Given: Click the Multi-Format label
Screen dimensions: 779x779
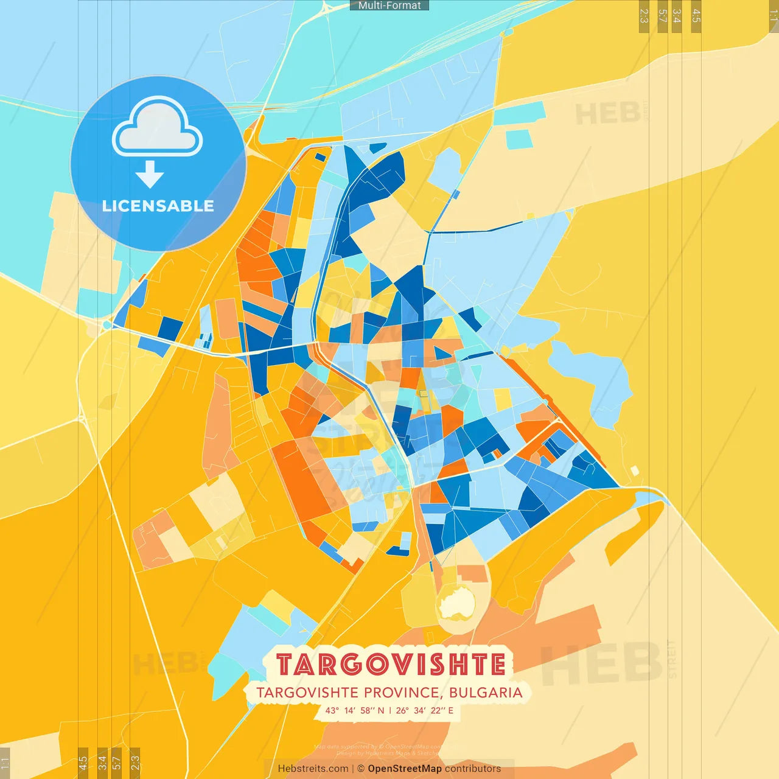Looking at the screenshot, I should pyautogui.click(x=389, y=5).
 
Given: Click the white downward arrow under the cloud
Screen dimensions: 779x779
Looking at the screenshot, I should pyautogui.click(x=150, y=175).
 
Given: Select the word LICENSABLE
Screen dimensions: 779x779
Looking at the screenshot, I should pyautogui.click(x=158, y=206).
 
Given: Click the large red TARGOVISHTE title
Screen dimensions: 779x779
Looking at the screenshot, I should pyautogui.click(x=391, y=665).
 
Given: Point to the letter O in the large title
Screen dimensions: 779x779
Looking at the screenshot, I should pyautogui.click(x=368, y=665).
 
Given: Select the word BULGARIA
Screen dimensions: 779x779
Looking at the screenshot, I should pyautogui.click(x=486, y=693).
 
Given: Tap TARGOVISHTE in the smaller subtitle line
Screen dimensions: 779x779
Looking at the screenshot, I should pyautogui.click(x=307, y=693).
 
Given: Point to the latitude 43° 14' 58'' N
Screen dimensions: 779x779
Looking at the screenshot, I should pyautogui.click(x=355, y=710).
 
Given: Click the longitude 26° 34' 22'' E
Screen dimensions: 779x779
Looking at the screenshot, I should pyautogui.click(x=425, y=710).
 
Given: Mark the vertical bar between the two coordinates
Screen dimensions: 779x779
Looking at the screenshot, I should pyautogui.click(x=390, y=710).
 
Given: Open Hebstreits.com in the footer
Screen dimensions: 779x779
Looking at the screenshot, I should pyautogui.click(x=313, y=769).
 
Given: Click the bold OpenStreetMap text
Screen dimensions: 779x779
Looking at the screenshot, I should pyautogui.click(x=405, y=769).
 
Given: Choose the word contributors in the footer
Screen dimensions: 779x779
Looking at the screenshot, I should pyautogui.click(x=473, y=769).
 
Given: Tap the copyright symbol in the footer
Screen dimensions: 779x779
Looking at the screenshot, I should pyautogui.click(x=361, y=769).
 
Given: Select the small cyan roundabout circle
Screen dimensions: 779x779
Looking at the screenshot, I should pyautogui.click(x=107, y=325).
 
